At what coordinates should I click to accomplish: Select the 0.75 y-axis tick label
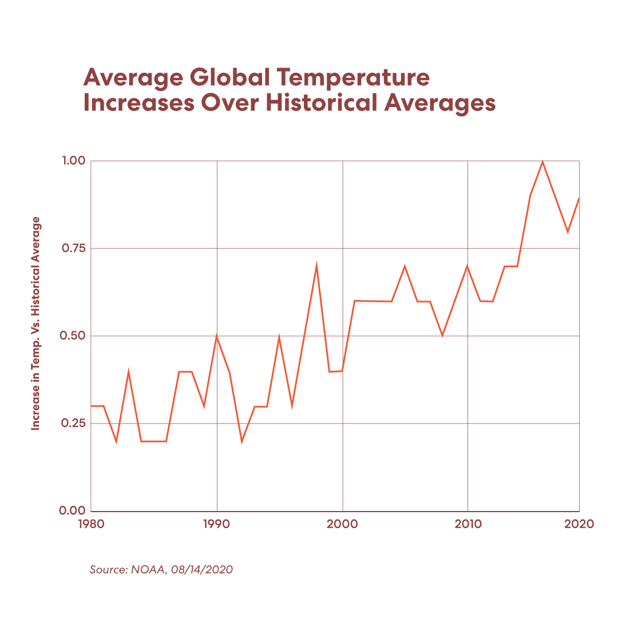coord(72,248)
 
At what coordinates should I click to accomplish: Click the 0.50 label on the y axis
coord(72,336)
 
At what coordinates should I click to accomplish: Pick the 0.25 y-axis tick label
coord(72,423)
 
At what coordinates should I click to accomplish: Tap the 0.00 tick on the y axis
coord(72,511)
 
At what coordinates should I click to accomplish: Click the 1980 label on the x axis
coord(92,524)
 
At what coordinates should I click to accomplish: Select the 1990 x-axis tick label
coord(217,524)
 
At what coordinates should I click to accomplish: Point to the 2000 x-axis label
coord(342,524)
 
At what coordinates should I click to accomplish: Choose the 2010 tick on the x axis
coord(468,524)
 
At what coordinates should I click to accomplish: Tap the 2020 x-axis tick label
coord(579,524)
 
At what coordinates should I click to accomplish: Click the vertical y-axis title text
coord(36,323)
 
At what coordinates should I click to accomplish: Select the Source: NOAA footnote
coord(161,570)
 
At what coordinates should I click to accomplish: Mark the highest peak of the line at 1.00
coord(542,162)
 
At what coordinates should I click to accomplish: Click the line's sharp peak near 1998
coord(316,265)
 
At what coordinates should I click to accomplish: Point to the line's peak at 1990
coord(217,336)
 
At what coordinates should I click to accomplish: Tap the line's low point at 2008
coord(442,335)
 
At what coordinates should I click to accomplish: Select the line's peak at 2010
coord(468,266)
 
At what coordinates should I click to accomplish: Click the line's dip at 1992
coord(242,441)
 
